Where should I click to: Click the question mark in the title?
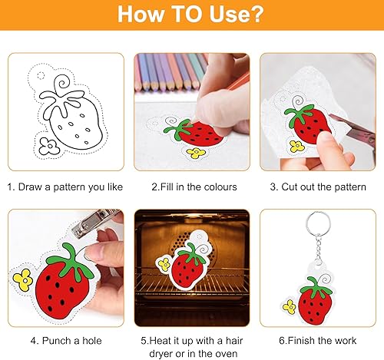click(x=256, y=14)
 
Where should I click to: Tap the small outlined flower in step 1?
click(x=49, y=146)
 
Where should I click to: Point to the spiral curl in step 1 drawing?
click(x=62, y=84)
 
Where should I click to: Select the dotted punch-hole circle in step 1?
click(x=41, y=76)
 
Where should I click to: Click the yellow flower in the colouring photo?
click(x=196, y=153)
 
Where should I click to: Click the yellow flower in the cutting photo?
click(x=296, y=146)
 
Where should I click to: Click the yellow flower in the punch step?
click(x=23, y=280)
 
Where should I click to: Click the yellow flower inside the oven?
click(x=164, y=264)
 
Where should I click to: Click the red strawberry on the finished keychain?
click(x=316, y=301)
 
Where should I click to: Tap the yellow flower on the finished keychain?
click(x=290, y=307)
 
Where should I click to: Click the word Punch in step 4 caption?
click(x=57, y=341)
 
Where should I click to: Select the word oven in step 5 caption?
click(x=226, y=354)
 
